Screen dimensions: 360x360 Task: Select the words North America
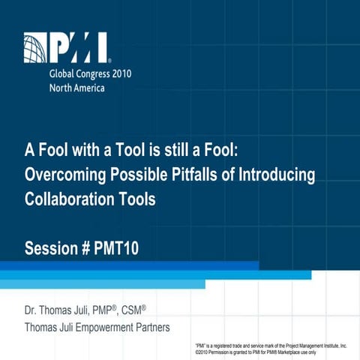[76, 87]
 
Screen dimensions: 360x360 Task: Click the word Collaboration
[68, 200]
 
